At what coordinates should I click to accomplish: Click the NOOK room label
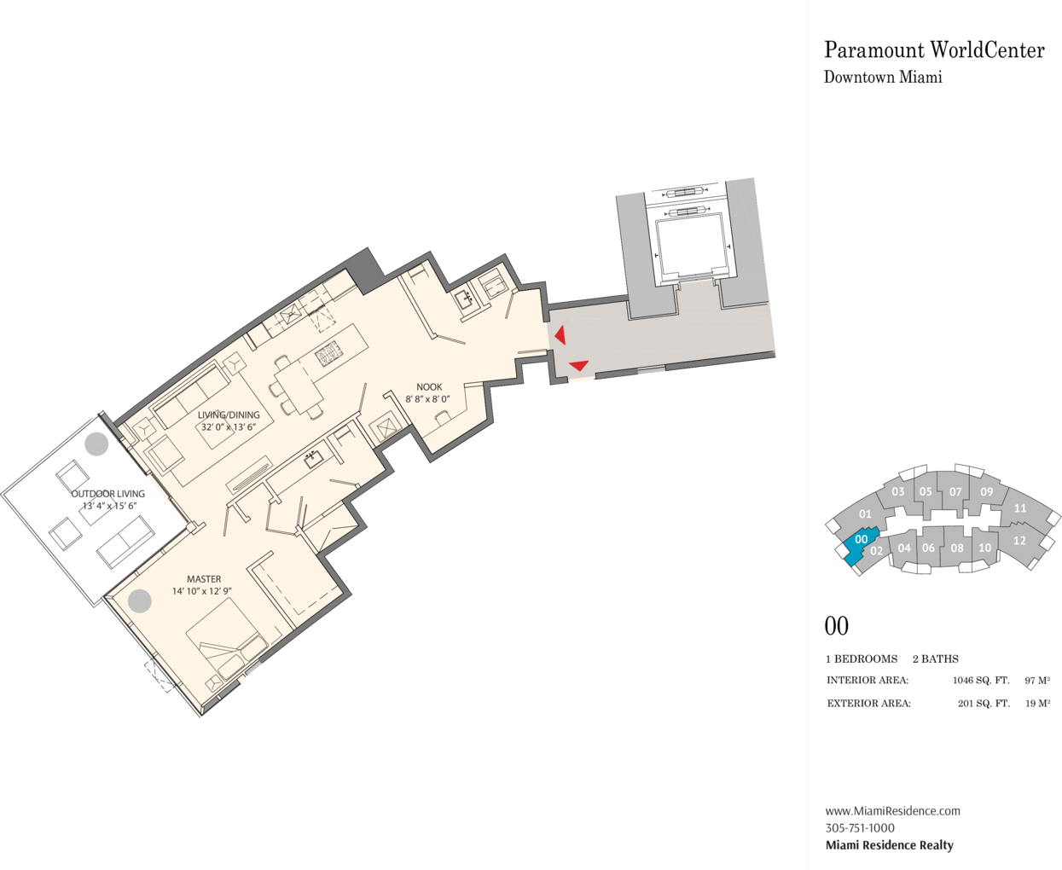point(429,386)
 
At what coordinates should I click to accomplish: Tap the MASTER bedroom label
point(204,579)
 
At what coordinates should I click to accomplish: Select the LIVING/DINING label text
point(229,415)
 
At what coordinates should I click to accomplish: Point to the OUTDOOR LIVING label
point(107,494)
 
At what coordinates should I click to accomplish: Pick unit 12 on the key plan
point(1019,541)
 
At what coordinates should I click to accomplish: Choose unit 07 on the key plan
point(955,491)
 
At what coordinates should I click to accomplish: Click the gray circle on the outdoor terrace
point(96,444)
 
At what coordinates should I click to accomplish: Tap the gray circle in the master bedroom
point(140,600)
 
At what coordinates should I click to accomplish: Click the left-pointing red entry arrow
point(560,335)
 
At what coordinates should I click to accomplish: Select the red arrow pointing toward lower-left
point(578,365)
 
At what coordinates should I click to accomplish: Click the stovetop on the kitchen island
point(328,353)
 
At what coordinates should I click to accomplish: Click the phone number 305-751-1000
point(860,827)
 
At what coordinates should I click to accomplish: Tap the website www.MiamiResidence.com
point(893,810)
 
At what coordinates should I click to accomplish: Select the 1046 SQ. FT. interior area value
point(981,681)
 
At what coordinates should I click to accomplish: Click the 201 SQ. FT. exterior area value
point(984,704)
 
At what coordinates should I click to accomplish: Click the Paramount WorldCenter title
point(934,50)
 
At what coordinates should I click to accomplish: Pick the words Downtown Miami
point(883,77)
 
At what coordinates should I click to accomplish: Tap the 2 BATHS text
point(936,658)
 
